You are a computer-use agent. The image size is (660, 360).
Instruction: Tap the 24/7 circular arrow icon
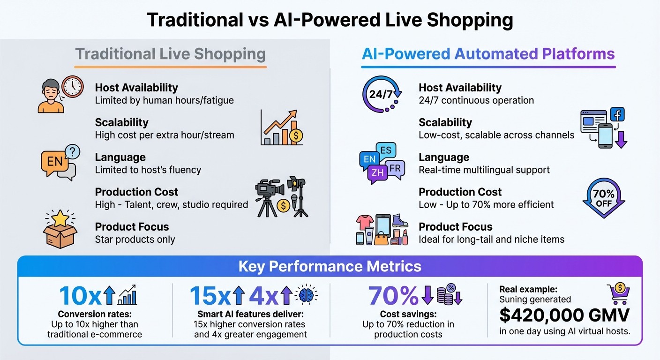[x=382, y=94]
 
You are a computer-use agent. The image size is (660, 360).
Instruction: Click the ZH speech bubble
[x=377, y=173]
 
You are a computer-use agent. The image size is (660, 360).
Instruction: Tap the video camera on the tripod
[x=270, y=190]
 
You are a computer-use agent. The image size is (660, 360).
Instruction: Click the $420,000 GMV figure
[x=564, y=315]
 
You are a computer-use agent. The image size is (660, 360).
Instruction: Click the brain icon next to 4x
[x=307, y=295]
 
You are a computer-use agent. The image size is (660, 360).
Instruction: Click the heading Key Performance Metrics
[x=330, y=266]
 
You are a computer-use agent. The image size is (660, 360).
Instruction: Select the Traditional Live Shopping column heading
[x=171, y=54]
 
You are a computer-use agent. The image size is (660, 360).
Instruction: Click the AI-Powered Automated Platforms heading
[x=488, y=54]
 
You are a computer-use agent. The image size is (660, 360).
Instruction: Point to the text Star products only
[x=135, y=240]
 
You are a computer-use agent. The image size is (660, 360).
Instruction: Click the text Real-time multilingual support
[x=484, y=170]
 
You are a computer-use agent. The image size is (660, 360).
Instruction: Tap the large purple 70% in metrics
[x=393, y=296]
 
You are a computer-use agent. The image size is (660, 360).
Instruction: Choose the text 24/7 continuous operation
[x=476, y=100]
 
